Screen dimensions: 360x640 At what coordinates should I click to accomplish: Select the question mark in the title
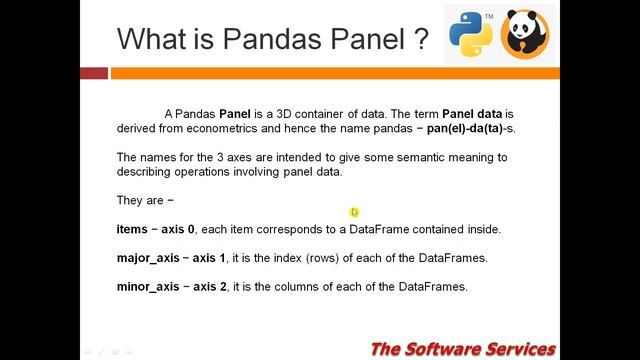(x=420, y=39)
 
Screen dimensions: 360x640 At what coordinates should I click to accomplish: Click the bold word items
(x=132, y=229)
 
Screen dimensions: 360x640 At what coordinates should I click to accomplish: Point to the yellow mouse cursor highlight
(x=354, y=212)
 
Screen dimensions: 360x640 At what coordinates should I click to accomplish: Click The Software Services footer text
(x=462, y=348)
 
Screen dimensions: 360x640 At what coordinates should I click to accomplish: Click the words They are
(x=139, y=200)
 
